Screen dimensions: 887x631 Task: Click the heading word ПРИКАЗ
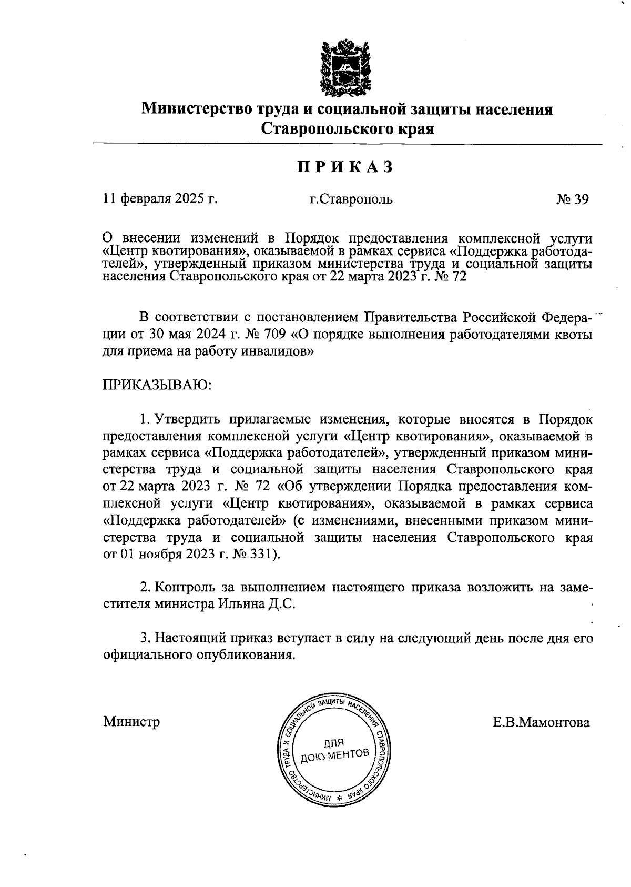tap(345, 167)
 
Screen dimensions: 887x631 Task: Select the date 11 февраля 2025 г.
tap(160, 199)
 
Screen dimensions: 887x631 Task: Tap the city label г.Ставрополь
tap(351, 199)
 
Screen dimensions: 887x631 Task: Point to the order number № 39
tap(573, 199)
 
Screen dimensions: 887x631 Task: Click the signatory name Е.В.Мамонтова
tap(541, 722)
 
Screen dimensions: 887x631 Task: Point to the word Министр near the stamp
tap(131, 721)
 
